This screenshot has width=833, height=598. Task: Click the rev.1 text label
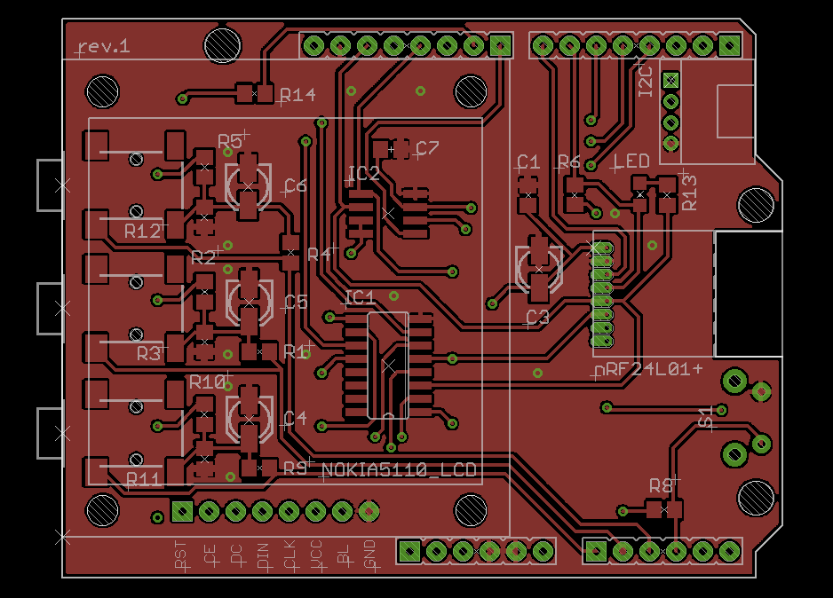pos(104,46)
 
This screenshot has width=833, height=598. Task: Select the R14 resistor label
pos(297,95)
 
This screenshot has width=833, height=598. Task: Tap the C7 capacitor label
pos(426,147)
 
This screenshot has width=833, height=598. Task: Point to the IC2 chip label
pos(364,173)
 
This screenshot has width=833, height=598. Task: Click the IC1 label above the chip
pos(360,296)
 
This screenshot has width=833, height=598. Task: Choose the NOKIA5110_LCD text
pos(399,469)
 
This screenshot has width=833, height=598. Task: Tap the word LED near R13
pos(632,161)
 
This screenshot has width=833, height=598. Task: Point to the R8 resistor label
pos(661,485)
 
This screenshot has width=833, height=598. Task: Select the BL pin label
pos(343,555)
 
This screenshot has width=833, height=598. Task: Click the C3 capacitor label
pos(537,317)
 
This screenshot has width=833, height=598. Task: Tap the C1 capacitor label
pos(528,161)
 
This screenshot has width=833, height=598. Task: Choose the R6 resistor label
pos(568,161)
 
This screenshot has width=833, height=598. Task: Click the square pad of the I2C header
pos(670,81)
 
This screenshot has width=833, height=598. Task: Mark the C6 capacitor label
pos(295,185)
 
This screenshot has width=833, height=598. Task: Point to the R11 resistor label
pos(143,479)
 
